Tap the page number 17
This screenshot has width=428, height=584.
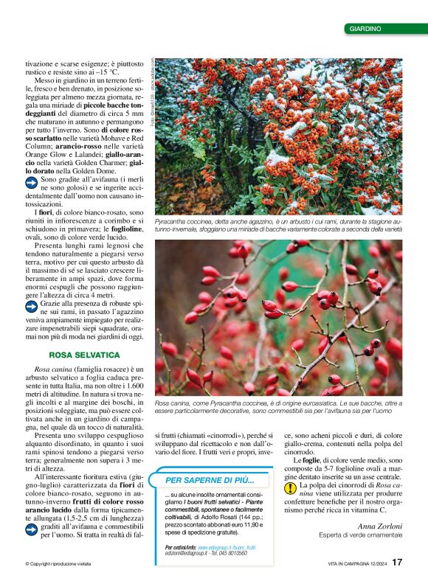tap(397, 562)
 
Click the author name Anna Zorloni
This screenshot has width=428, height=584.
tap(381, 526)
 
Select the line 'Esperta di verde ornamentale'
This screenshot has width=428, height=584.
tap(360, 535)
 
